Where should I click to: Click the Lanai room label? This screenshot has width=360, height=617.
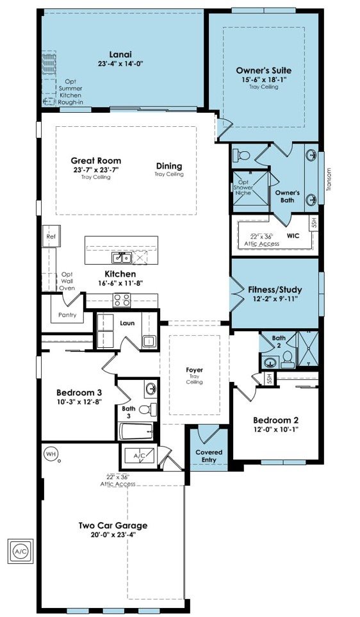pyautogui.click(x=120, y=54)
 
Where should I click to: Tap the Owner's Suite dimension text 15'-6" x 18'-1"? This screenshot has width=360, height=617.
pyautogui.click(x=264, y=79)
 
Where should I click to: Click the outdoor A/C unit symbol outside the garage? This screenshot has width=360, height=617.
pyautogui.click(x=21, y=550)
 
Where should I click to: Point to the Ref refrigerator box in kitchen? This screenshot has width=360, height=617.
pyautogui.click(x=51, y=236)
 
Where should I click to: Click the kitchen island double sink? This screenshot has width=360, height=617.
pyautogui.click(x=122, y=258)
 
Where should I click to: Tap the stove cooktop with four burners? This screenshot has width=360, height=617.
pyautogui.click(x=122, y=300)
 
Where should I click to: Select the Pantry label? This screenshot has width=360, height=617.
pyautogui.click(x=67, y=315)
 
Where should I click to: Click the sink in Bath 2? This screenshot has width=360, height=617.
pyautogui.click(x=270, y=361)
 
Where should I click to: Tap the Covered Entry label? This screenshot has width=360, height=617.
pyautogui.click(x=209, y=456)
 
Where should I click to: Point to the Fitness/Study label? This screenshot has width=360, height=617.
pyautogui.click(x=275, y=290)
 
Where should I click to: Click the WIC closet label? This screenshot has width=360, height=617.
pyautogui.click(x=293, y=236)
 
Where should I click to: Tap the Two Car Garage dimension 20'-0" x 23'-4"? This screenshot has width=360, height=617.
pyautogui.click(x=113, y=534)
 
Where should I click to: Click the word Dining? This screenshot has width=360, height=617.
pyautogui.click(x=169, y=166)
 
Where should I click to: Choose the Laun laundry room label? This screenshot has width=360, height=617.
pyautogui.click(x=127, y=323)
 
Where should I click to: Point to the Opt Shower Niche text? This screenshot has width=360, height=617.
pyautogui.click(x=243, y=188)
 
